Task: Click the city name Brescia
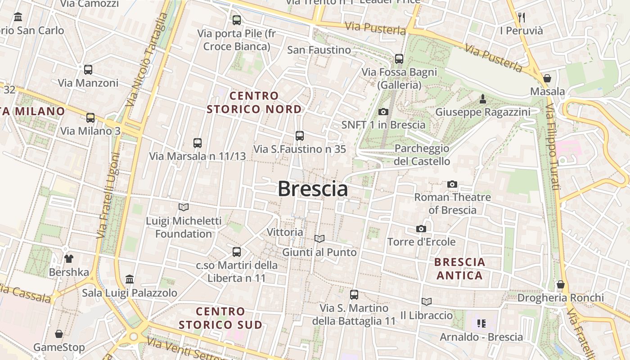click(x=313, y=189)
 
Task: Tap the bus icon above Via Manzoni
click(x=88, y=70)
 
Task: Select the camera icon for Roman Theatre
click(x=452, y=184)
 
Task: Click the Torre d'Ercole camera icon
click(x=421, y=229)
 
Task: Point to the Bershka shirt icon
click(x=68, y=259)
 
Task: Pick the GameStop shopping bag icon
click(x=59, y=334)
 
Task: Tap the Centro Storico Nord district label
click(x=254, y=103)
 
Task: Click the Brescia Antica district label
click(x=459, y=269)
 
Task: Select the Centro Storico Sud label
click(x=220, y=318)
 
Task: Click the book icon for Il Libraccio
click(x=426, y=301)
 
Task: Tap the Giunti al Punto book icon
click(x=319, y=238)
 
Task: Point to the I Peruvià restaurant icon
click(x=522, y=18)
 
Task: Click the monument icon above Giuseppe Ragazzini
click(x=483, y=99)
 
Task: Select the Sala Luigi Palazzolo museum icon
click(x=130, y=279)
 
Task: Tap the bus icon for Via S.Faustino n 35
click(x=300, y=135)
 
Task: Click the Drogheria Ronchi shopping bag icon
click(x=560, y=284)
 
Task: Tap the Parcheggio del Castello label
click(x=422, y=155)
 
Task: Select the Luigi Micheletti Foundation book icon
click(x=184, y=207)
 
